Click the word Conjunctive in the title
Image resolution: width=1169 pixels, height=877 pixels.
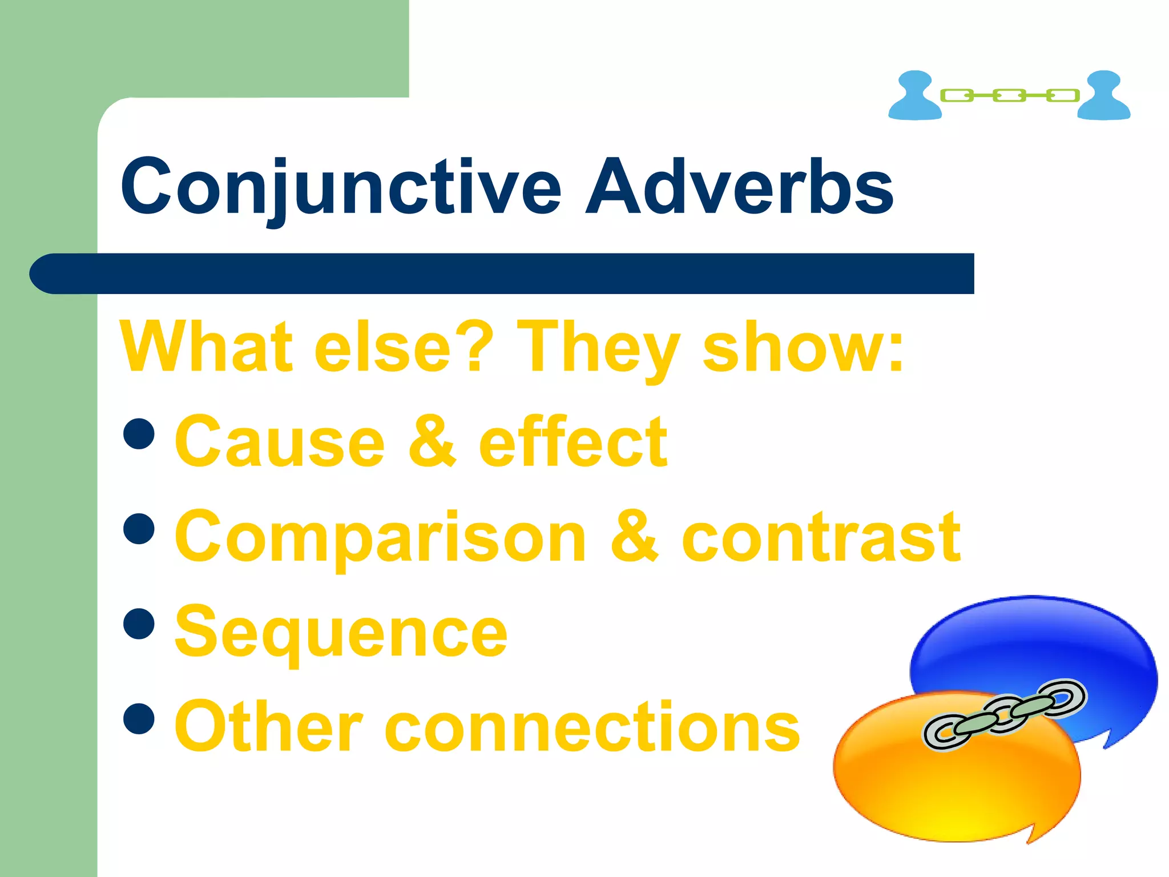point(341,187)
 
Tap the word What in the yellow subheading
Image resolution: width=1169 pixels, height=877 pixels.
point(205,347)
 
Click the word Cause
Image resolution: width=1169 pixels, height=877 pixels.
point(280,441)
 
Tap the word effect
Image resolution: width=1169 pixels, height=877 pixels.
point(573,441)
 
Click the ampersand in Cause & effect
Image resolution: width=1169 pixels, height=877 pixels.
point(432,441)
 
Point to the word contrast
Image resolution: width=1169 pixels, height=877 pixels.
point(821,537)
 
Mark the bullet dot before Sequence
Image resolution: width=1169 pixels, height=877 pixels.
point(139,623)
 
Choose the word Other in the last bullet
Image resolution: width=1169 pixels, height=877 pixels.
point(268,726)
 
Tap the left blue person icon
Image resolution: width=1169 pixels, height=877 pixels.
point(915,96)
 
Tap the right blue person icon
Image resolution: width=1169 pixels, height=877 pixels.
point(1103,96)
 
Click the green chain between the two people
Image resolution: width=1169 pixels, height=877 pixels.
point(1009,95)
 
